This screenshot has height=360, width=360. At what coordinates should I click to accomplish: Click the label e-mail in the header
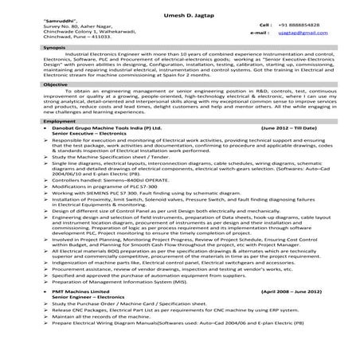click(x=256, y=33)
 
